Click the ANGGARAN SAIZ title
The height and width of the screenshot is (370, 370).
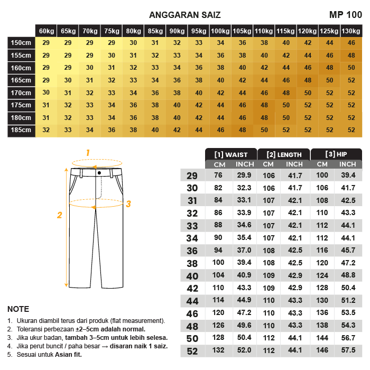pyautogui.click(x=185, y=15)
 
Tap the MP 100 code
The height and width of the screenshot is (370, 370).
pyautogui.click(x=345, y=15)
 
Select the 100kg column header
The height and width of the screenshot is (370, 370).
pyautogui.click(x=220, y=31)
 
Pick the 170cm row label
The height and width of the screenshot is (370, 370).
pyautogui.click(x=21, y=92)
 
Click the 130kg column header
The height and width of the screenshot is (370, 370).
pyautogui.click(x=350, y=31)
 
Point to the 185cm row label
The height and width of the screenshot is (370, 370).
pyautogui.click(x=21, y=130)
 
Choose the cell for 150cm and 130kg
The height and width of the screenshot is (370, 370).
pyautogui.click(x=350, y=43)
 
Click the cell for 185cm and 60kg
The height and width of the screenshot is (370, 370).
pyautogui.click(x=46, y=130)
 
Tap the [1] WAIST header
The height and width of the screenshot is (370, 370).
pyautogui.click(x=231, y=155)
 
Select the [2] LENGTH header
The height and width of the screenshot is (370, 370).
pyautogui.click(x=284, y=155)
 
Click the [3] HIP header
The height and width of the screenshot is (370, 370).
pyautogui.click(x=336, y=155)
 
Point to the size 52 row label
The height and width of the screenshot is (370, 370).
pyautogui.click(x=192, y=351)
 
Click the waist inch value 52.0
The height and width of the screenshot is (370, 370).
pyautogui.click(x=244, y=350)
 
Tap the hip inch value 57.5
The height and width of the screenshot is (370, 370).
pyautogui.click(x=348, y=350)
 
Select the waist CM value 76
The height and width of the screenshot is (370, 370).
pyautogui.click(x=218, y=175)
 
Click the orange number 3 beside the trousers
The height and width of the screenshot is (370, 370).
pyautogui.click(x=128, y=203)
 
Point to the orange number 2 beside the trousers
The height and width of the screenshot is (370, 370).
pyautogui.click(x=60, y=215)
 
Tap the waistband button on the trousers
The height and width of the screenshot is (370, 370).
pyautogui.click(x=99, y=172)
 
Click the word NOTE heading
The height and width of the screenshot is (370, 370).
pyautogui.click(x=18, y=309)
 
